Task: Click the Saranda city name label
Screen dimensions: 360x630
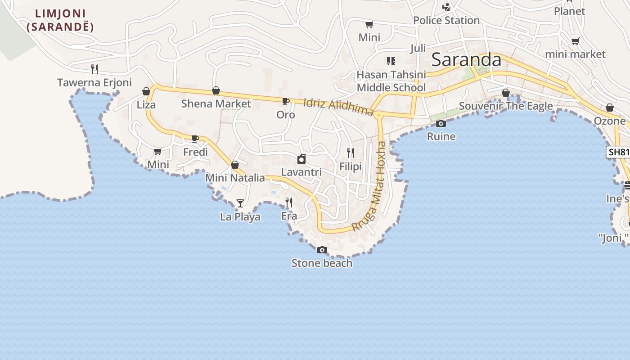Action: pyautogui.click(x=466, y=60)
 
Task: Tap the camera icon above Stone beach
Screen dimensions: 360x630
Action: pyautogui.click(x=322, y=250)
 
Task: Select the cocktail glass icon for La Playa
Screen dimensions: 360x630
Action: pyautogui.click(x=240, y=203)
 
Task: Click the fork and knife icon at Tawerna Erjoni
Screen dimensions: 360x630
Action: pyautogui.click(x=94, y=69)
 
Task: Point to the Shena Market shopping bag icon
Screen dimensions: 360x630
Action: pyautogui.click(x=216, y=90)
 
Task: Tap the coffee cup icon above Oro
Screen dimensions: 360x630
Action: pyautogui.click(x=286, y=101)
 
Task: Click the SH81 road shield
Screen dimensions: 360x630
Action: pyautogui.click(x=618, y=152)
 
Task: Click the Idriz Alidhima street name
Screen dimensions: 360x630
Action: pyautogui.click(x=338, y=107)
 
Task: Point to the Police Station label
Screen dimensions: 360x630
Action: pyautogui.click(x=446, y=20)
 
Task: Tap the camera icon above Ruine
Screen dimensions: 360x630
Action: pyautogui.click(x=441, y=123)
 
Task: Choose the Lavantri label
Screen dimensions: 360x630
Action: pyautogui.click(x=301, y=172)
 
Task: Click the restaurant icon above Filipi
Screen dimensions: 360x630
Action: pyautogui.click(x=351, y=153)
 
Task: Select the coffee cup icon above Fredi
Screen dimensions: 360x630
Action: pyautogui.click(x=195, y=139)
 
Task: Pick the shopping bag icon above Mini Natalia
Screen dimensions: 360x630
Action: pyautogui.click(x=235, y=165)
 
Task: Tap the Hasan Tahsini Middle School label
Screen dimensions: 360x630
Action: pyautogui.click(x=391, y=81)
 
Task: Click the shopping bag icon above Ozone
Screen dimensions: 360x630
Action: pyautogui.click(x=610, y=108)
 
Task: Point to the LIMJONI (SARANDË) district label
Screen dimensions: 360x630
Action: pyautogui.click(x=60, y=20)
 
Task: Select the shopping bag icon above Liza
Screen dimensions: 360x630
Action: pyautogui.click(x=146, y=92)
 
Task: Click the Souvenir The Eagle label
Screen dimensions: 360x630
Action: pyautogui.click(x=506, y=106)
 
